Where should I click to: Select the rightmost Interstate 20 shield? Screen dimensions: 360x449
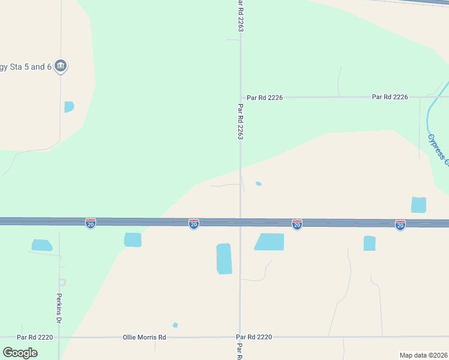pos(400,225)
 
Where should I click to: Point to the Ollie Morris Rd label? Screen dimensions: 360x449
pos(144,338)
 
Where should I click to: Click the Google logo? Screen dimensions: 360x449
pos(20,353)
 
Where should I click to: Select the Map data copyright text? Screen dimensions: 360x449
pos(423,355)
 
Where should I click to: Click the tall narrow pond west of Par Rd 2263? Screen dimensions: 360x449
pos(224,259)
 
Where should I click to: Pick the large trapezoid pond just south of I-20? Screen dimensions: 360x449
pos(270,242)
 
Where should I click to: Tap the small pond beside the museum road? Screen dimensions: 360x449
pos(69,107)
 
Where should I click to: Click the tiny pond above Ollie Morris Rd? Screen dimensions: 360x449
pos(175,325)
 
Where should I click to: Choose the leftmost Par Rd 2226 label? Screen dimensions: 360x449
pos(265,97)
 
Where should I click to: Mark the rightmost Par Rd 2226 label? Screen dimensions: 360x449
pos(390,97)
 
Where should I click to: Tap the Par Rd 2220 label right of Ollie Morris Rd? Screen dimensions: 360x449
pos(254,338)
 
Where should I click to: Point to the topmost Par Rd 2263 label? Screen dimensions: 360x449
pos(240,17)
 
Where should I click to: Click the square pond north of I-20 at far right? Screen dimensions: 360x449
pos(418,205)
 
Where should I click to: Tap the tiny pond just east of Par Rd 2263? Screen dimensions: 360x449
pos(258,184)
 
